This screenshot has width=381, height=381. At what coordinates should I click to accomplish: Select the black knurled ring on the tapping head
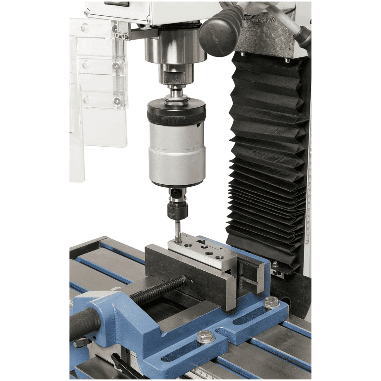pyautogui.click(x=176, y=114)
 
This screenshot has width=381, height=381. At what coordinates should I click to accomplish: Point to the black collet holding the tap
pyautogui.click(x=177, y=211)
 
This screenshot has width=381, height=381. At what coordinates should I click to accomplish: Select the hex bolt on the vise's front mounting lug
pyautogui.click(x=205, y=336)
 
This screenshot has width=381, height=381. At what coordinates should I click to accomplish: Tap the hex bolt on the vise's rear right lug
pyautogui.click(x=271, y=303)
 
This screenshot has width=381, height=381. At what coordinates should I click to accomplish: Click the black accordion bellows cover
pyautogui.click(x=267, y=159)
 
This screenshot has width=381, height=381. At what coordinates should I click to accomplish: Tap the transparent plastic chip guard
pyautogui.click(x=98, y=95)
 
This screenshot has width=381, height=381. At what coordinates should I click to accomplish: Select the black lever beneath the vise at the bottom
pyautogui.click(x=122, y=365)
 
